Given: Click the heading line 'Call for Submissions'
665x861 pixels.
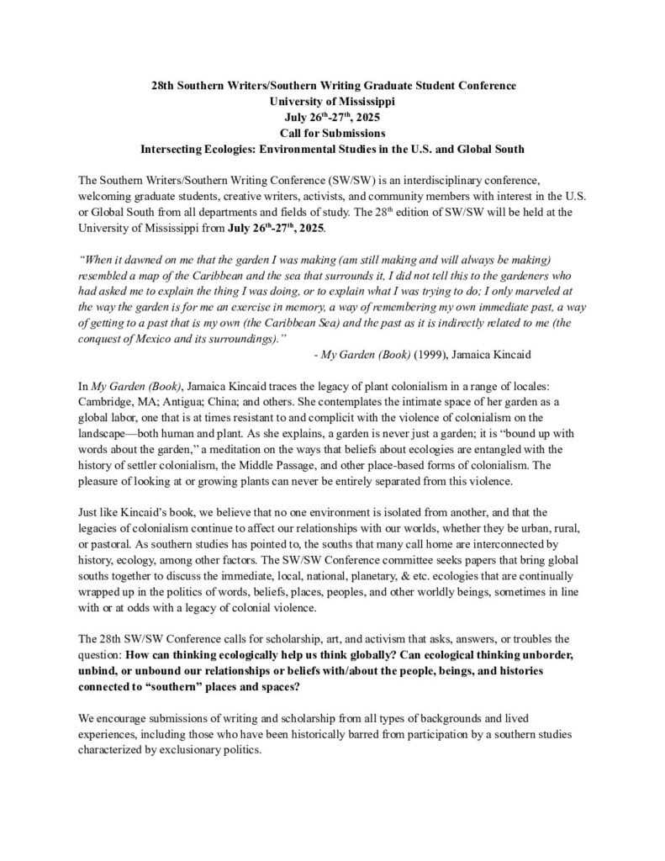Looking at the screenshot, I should click(332, 134).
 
